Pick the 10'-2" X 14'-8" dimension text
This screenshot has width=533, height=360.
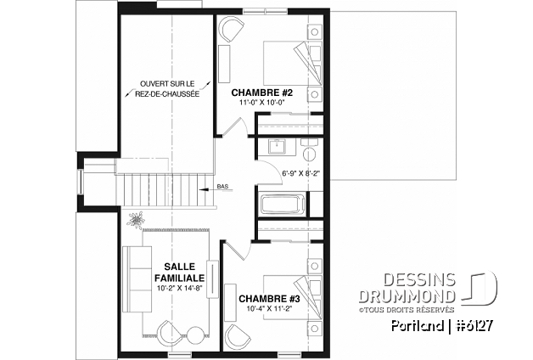click(177, 289)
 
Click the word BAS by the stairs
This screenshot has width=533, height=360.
click(222, 187)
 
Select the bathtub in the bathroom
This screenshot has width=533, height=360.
click(281, 205)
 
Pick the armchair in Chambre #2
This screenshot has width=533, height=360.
click(229, 30)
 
